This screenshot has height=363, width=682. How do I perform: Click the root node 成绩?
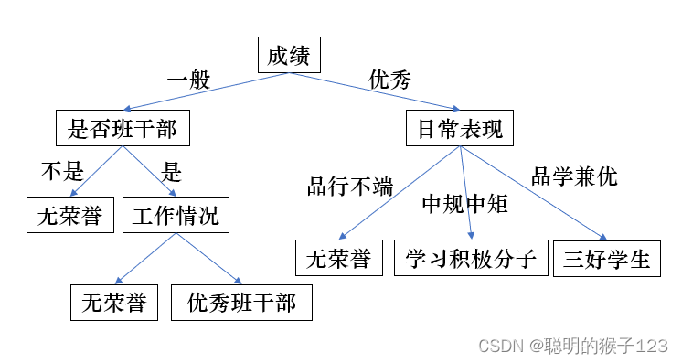(288, 57)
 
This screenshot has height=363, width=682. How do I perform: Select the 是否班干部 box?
(123, 128)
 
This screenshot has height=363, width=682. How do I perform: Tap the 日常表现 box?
(460, 128)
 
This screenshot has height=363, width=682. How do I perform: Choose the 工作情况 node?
(176, 216)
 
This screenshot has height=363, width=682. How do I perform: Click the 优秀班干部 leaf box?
(241, 303)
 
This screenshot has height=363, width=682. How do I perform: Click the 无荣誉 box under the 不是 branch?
(69, 216)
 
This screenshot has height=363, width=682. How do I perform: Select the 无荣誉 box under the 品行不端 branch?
(337, 258)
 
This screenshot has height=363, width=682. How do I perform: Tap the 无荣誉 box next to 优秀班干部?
(114, 303)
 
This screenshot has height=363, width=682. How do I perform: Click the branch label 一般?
(188, 80)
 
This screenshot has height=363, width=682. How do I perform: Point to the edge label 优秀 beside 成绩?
(389, 80)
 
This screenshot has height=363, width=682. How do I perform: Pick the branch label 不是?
(62, 171)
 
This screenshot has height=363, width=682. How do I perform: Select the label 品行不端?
(350, 188)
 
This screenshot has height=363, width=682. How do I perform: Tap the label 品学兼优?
(574, 176)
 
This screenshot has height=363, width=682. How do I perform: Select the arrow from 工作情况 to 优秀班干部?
(210, 259)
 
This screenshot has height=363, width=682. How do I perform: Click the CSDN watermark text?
(572, 346)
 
